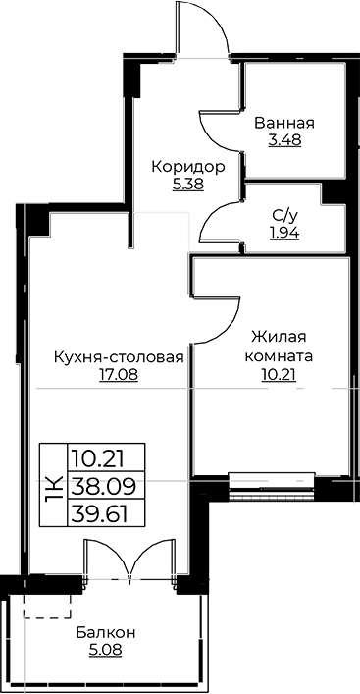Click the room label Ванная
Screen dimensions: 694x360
[x=283, y=124]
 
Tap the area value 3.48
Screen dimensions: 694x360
[x=283, y=140]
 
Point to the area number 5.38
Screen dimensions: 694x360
[x=188, y=184]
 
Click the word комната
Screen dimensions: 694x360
[x=281, y=356]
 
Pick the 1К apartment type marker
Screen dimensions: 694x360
[x=53, y=484]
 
